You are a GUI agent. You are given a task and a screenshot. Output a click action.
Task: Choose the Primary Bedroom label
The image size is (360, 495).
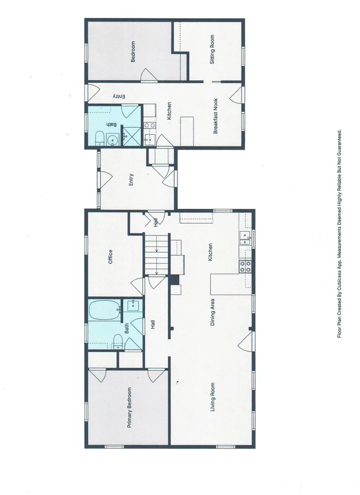click(x=129, y=407)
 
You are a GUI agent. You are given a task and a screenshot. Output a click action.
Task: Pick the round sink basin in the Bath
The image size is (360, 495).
click(x=112, y=140)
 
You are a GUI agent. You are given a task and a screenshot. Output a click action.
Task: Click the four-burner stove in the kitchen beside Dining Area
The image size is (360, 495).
click(x=245, y=265)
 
